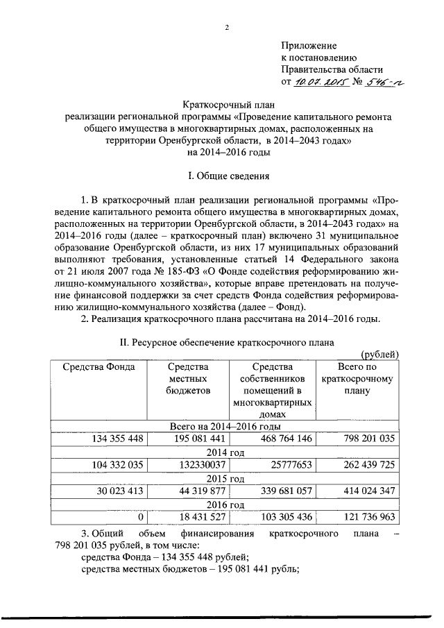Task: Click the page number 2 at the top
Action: (x=226, y=27)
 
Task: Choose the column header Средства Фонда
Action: (x=99, y=367)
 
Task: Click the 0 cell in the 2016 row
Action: (x=140, y=517)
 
